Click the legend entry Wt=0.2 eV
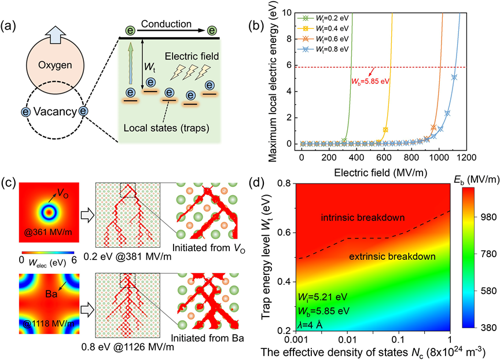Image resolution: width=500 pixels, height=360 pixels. coord(323,18)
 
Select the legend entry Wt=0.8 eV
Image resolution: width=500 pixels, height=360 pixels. coord(323,49)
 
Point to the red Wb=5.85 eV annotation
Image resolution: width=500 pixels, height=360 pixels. coord(370,81)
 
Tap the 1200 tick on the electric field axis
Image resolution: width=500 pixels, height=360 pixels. coord(466,157)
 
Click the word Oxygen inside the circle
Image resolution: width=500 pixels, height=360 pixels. coord(55,65)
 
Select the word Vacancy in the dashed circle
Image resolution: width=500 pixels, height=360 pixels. coord(55,112)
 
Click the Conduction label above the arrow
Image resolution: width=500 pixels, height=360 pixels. coord(166,24)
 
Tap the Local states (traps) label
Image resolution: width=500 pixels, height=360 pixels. coord(167,128)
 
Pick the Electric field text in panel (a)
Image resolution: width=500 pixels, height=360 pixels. coord(192,57)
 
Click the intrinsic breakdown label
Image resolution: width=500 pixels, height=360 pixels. coord(363,218)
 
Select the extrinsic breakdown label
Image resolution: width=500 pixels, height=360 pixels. coord(392,256)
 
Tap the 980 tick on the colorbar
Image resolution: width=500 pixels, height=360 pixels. coord(487,217)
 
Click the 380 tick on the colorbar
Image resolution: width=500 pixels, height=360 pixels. coord(487,328)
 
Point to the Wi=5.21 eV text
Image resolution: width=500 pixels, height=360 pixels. coord(322,297)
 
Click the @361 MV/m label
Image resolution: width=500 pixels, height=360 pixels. coord(48,232)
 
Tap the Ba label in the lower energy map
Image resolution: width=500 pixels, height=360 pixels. coord(51,293)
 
